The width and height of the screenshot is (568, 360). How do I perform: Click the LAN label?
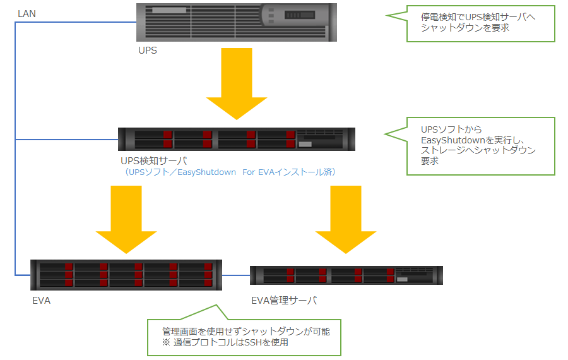pyautogui.click(x=27, y=14)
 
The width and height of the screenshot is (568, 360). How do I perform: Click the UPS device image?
pyautogui.click(x=237, y=23)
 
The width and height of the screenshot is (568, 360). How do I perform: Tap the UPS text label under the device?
pyautogui.click(x=148, y=51)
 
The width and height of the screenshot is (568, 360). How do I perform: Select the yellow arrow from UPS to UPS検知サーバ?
pyautogui.click(x=237, y=84)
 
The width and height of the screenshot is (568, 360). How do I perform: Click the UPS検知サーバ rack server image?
pyautogui.click(x=237, y=139)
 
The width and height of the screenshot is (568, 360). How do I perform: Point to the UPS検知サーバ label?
pyautogui.click(x=154, y=160)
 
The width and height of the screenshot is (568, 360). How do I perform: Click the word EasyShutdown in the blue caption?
pyautogui.click(x=206, y=172)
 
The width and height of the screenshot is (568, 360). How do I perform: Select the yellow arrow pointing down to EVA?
pyautogui.click(x=126, y=220)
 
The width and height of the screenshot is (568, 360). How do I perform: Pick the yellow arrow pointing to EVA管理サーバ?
pyautogui.click(x=346, y=220)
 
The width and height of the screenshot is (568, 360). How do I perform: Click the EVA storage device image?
pyautogui.click(x=126, y=275)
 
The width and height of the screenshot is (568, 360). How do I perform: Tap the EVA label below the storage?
pyautogui.click(x=41, y=301)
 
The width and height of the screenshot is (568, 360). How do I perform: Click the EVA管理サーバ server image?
pyautogui.click(x=346, y=275)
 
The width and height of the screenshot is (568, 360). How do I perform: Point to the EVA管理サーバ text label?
pyautogui.click(x=285, y=301)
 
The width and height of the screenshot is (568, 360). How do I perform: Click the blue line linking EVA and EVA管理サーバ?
pyautogui.click(x=236, y=275)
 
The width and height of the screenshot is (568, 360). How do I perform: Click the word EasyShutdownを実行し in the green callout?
pyautogui.click(x=473, y=140)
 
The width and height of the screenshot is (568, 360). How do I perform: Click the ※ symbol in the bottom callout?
pyautogui.click(x=166, y=342)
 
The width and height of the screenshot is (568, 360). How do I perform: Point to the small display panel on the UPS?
pyautogui.click(x=300, y=15)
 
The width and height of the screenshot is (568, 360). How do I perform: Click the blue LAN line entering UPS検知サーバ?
pyautogui.click(x=67, y=140)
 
